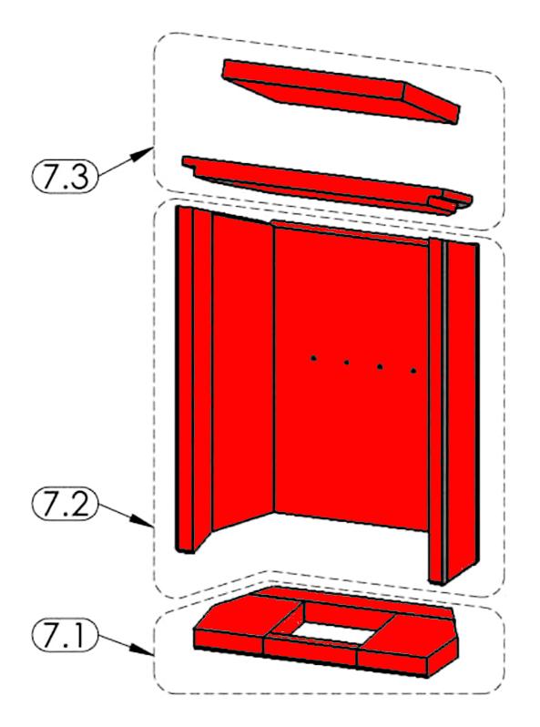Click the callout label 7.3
(65, 176)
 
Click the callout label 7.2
(65, 504)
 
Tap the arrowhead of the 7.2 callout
(145, 523)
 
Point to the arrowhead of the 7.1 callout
(145, 651)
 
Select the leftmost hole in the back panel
(313, 358)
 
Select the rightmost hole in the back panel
(413, 371)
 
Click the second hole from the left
(346, 362)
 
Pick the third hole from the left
(380, 367)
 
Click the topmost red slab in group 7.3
(341, 90)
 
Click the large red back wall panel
(351, 375)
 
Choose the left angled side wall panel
(243, 369)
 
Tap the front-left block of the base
(228, 642)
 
